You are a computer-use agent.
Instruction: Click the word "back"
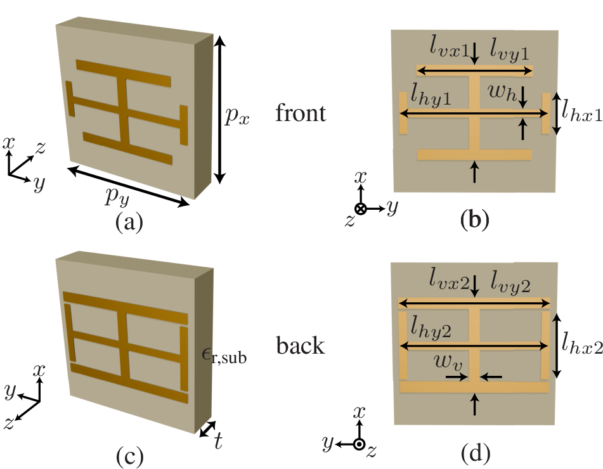point(301,346)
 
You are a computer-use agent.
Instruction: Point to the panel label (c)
point(129,454)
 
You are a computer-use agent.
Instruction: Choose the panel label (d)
point(474,453)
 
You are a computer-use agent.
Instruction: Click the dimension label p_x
point(238,115)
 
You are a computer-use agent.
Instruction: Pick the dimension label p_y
point(117,198)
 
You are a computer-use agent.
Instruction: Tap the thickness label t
point(218,441)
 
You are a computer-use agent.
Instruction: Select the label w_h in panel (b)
point(500,95)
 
